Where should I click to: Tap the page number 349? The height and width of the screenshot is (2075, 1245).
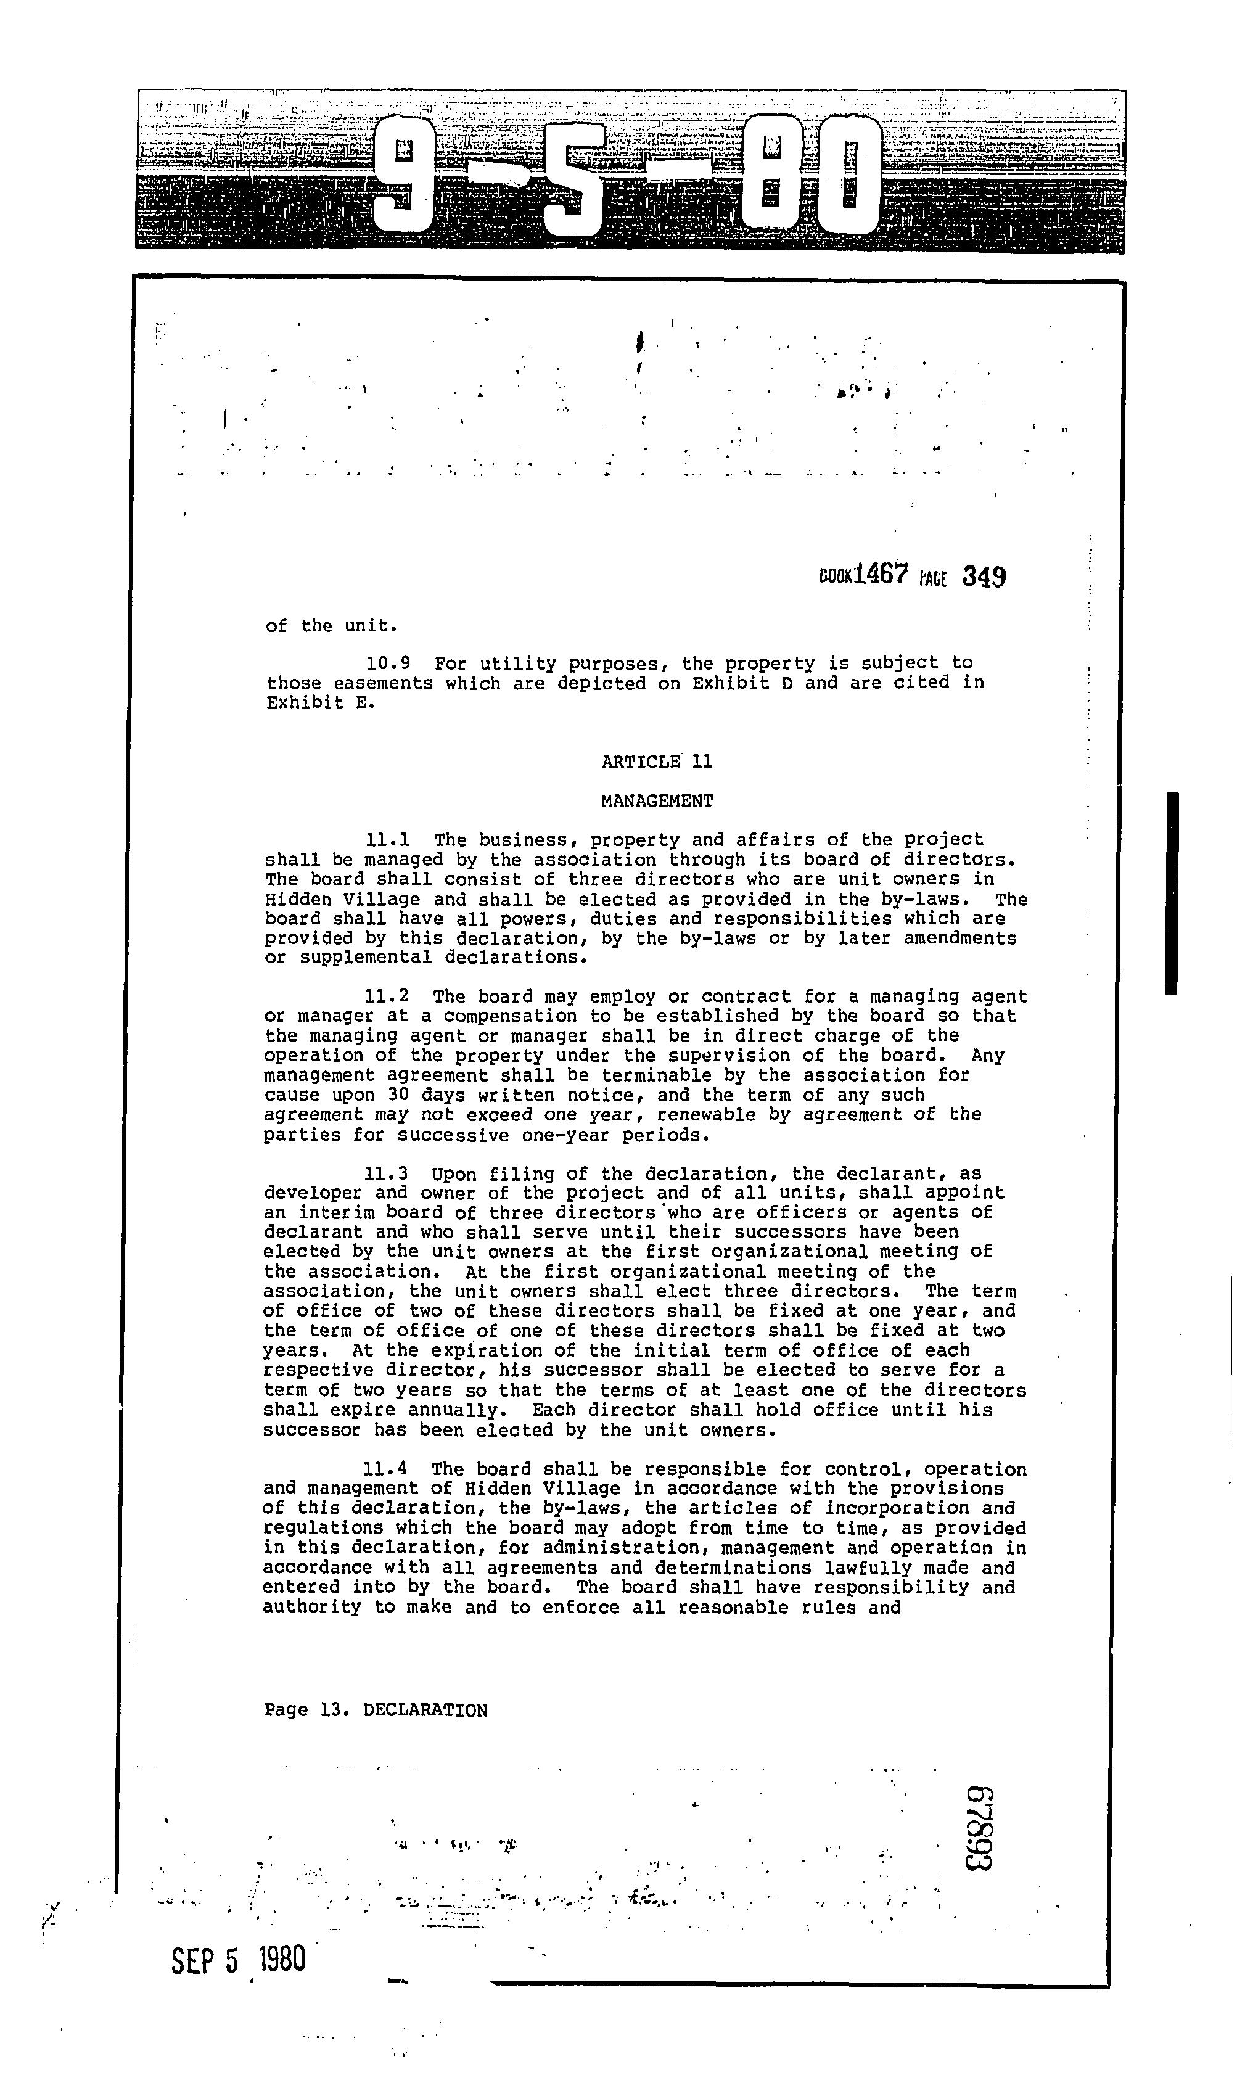click(x=984, y=577)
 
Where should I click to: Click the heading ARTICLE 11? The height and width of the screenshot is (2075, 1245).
click(x=657, y=762)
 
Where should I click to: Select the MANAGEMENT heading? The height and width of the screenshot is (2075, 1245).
click(x=657, y=801)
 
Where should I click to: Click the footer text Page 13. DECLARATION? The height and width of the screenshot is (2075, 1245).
click(x=375, y=1711)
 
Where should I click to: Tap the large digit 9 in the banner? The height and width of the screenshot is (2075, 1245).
click(x=403, y=176)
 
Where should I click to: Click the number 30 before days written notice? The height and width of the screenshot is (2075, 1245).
click(x=398, y=1095)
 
